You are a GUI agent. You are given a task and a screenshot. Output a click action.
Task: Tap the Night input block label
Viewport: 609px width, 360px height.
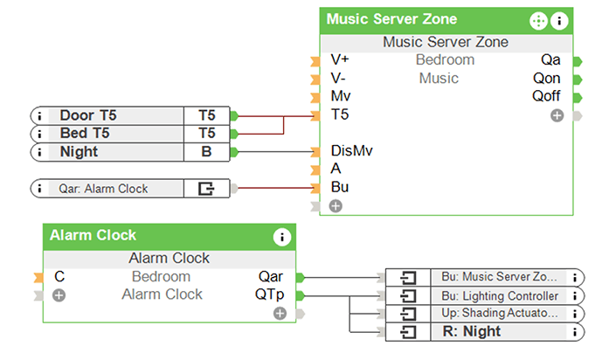[79, 152]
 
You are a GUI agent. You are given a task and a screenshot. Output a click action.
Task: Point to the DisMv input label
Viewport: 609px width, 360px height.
[347, 150]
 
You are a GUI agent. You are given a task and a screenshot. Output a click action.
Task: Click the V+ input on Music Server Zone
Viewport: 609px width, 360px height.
[339, 60]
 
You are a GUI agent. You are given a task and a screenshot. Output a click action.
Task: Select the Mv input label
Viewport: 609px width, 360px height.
[341, 96]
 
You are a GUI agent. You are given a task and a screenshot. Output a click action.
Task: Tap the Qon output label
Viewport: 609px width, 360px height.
[547, 79]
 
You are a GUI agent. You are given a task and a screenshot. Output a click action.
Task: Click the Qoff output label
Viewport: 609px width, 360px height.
[546, 96]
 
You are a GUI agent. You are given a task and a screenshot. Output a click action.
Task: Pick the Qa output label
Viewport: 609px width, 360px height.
[550, 60]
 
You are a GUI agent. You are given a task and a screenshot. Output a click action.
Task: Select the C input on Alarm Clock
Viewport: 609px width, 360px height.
[59, 277]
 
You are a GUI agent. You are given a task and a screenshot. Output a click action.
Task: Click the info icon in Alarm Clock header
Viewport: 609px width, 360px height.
[281, 236]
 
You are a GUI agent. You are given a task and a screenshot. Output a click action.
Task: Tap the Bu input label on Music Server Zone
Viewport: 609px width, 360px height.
[339, 187]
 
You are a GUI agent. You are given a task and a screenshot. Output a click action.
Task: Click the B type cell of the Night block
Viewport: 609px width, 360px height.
[207, 152]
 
